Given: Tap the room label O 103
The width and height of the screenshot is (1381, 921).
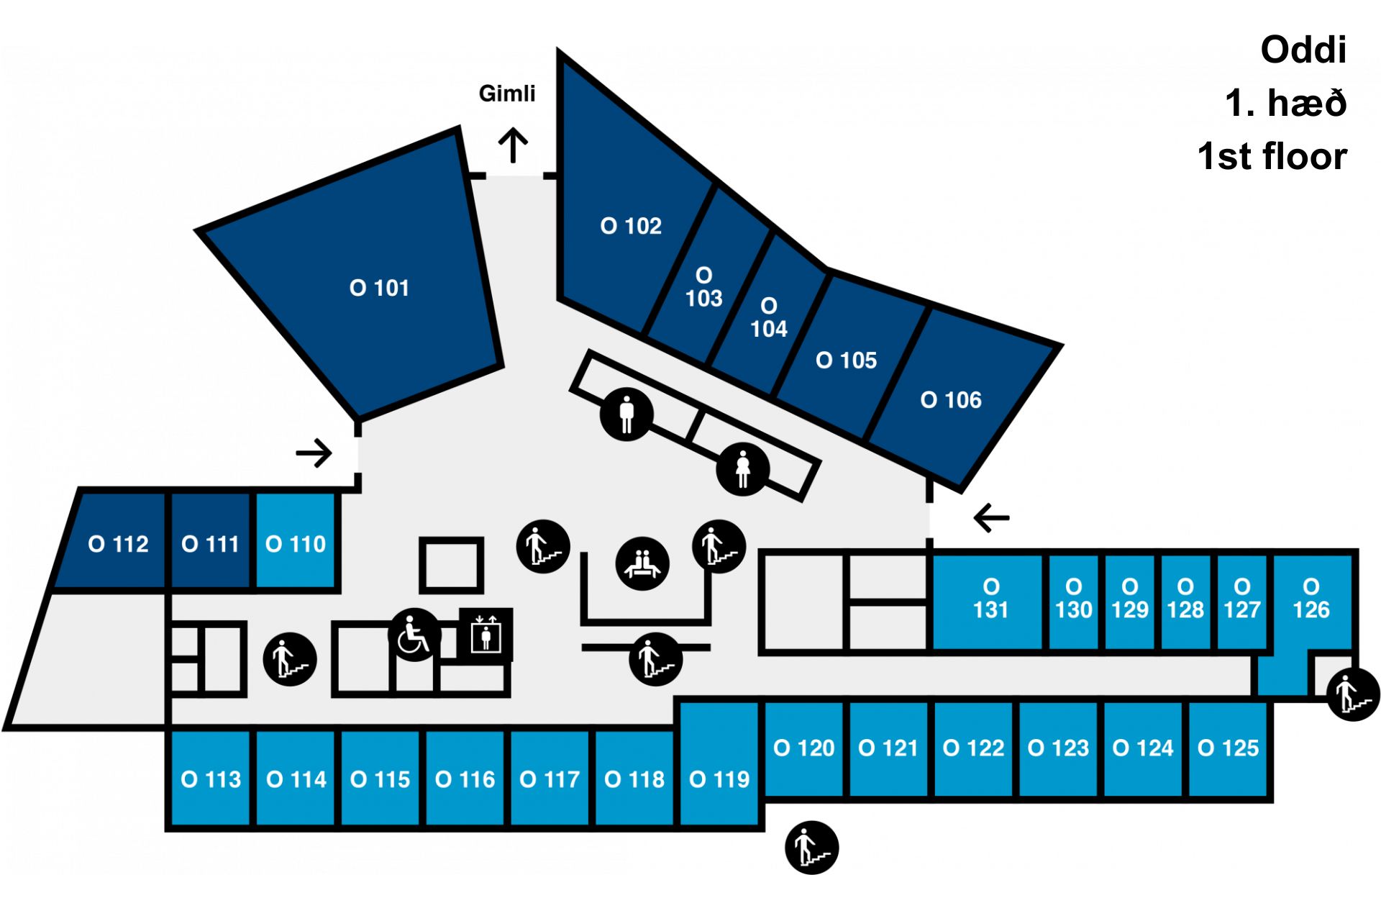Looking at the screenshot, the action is (x=703, y=287).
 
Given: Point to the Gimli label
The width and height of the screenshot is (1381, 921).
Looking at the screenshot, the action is (x=507, y=94).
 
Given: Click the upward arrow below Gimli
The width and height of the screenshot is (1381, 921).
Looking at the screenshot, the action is (x=514, y=145).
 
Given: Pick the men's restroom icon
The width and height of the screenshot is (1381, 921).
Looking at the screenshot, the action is (x=626, y=414).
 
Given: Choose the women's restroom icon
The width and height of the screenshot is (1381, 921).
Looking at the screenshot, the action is (x=743, y=469).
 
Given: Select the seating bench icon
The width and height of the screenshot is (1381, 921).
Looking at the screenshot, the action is (x=642, y=564).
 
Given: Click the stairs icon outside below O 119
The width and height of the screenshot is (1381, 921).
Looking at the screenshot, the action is (x=811, y=848).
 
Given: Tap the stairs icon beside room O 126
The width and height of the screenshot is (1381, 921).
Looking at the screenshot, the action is (x=1353, y=694).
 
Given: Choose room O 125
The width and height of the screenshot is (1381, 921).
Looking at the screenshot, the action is (x=1229, y=748).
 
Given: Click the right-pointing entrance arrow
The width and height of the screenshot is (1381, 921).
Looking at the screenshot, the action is (x=314, y=453).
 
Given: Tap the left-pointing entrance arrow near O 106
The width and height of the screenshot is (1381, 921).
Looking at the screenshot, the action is (x=992, y=517).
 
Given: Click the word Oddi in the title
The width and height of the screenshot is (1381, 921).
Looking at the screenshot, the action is (x=1303, y=50).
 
